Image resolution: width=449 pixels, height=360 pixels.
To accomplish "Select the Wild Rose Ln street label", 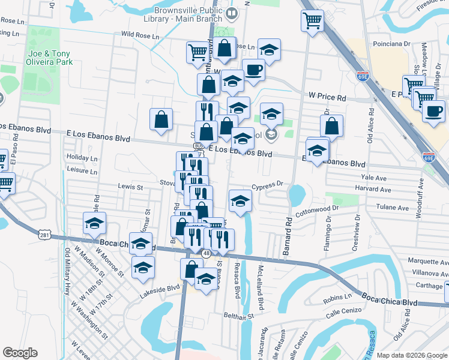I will tap(140, 36).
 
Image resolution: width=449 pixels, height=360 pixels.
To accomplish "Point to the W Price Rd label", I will tap(328, 96).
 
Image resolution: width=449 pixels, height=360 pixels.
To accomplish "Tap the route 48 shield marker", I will tap(206, 254).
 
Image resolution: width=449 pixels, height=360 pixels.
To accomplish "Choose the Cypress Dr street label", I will tap(267, 185).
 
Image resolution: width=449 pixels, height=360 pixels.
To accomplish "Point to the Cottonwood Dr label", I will tap(318, 210).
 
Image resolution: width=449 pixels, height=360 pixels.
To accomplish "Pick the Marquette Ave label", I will tap(427, 262).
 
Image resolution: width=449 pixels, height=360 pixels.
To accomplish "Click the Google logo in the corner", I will tap(20, 353).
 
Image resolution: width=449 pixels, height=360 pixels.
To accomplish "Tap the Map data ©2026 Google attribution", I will tap(412, 355).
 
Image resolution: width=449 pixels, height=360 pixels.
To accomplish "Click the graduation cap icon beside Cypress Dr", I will tap(240, 200).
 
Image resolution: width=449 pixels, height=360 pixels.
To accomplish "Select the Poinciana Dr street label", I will tap(390, 43).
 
